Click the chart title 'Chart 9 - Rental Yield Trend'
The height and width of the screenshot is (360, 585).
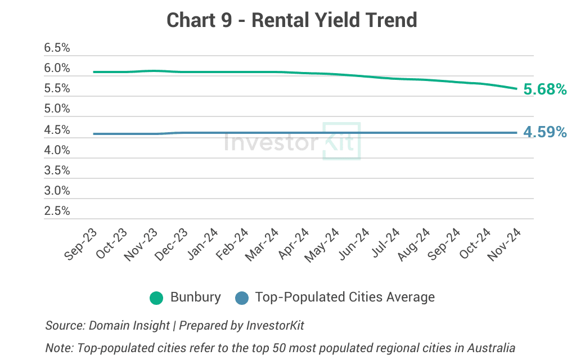(x=292, y=21)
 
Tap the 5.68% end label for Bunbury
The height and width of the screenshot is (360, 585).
(x=544, y=89)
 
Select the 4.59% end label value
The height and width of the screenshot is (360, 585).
(x=544, y=132)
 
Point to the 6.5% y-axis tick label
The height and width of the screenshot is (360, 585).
(x=57, y=48)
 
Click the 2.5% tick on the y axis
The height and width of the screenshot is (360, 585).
(x=57, y=211)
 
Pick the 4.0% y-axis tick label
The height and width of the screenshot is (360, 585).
(x=57, y=150)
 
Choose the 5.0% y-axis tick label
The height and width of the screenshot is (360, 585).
(x=57, y=108)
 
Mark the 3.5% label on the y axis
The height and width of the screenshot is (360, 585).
(x=57, y=170)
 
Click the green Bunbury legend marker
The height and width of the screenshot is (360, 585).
(x=156, y=298)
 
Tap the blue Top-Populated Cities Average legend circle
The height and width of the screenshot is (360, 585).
(x=241, y=298)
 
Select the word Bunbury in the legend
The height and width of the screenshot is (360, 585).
(x=195, y=297)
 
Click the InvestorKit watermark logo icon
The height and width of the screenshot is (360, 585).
(x=341, y=141)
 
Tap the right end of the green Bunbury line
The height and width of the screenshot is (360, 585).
(x=516, y=88)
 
